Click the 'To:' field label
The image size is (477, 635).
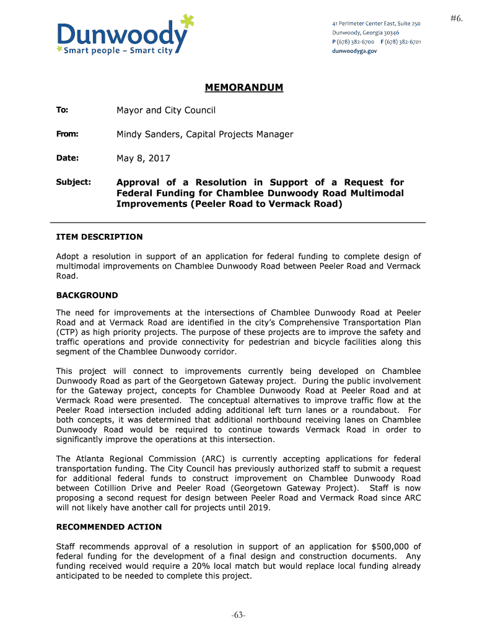(x=62, y=110)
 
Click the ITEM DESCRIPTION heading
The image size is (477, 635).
(x=99, y=237)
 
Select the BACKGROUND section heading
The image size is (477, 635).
(x=87, y=295)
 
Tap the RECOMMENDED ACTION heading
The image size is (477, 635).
(x=109, y=527)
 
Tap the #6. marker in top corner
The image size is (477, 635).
(x=457, y=19)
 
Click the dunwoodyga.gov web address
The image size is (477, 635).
(x=354, y=51)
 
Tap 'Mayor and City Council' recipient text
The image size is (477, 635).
(x=166, y=110)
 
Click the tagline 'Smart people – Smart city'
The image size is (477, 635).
(x=118, y=51)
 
